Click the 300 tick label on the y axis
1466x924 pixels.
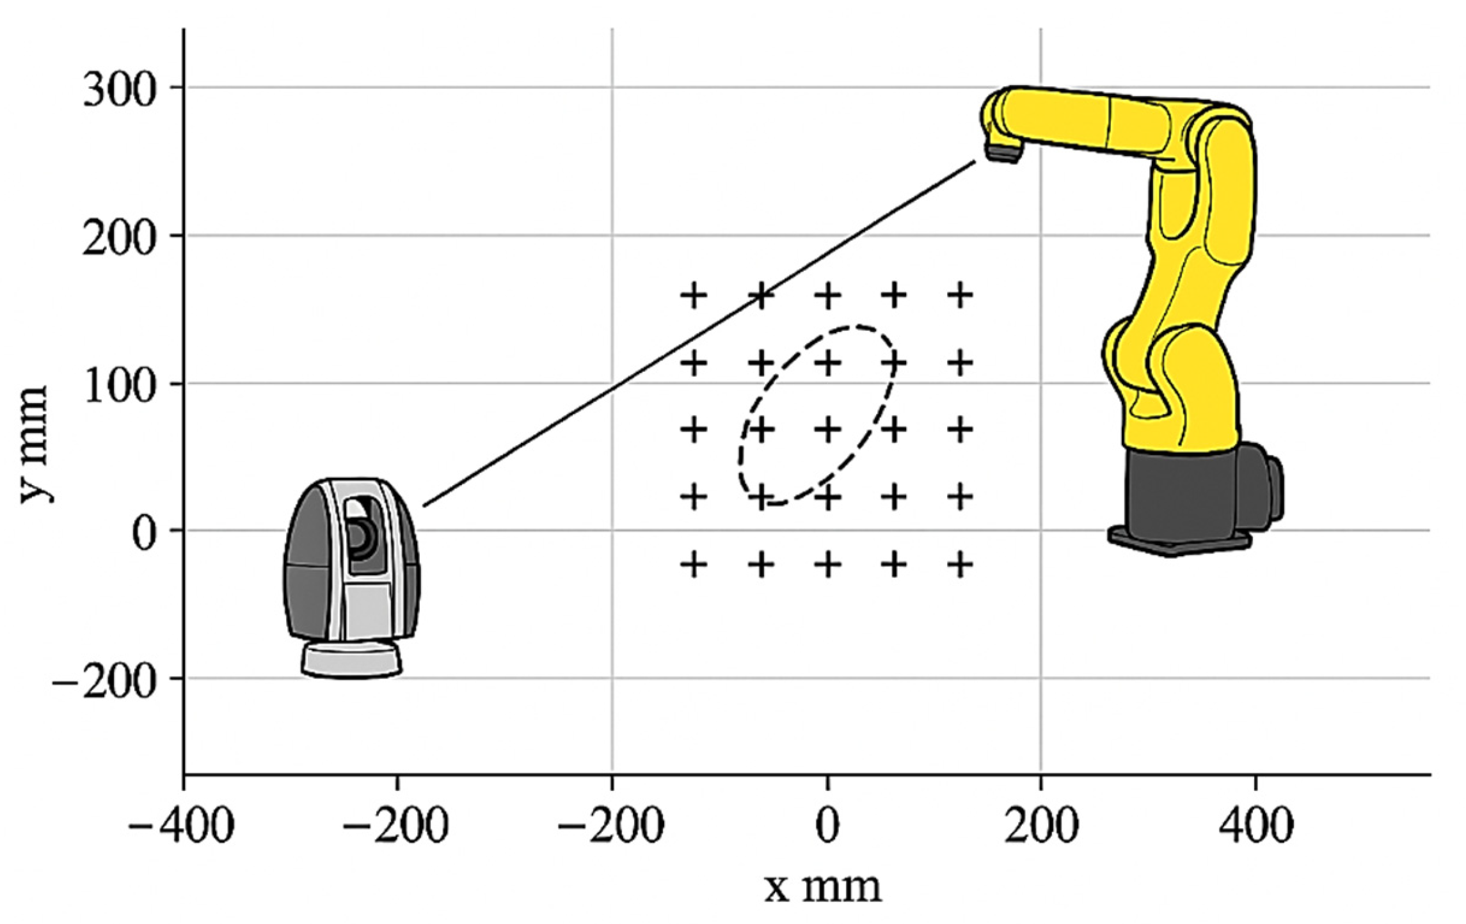click(120, 90)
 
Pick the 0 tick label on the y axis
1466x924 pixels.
click(145, 532)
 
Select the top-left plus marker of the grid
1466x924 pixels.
click(694, 296)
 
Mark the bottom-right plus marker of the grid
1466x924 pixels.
click(960, 565)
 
